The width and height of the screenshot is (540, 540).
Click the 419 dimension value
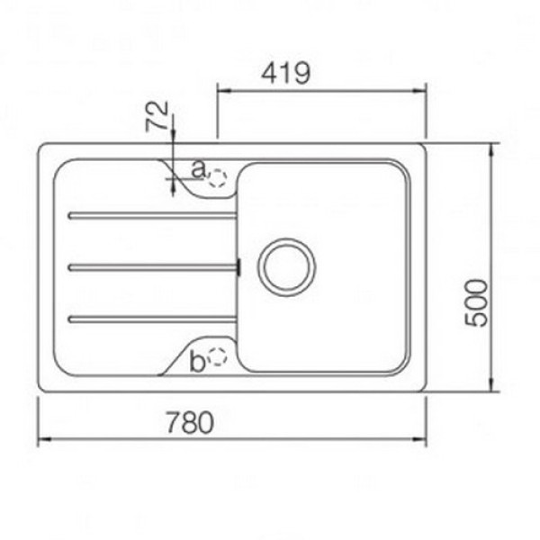(x=285, y=73)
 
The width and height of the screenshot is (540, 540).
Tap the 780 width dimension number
(x=190, y=422)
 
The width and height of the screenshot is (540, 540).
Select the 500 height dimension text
(x=476, y=302)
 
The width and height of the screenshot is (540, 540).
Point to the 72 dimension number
(x=157, y=116)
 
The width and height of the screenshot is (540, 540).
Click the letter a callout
(x=198, y=169)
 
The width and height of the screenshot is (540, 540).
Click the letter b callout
(x=197, y=361)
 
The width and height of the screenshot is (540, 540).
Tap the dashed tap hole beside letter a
(x=217, y=178)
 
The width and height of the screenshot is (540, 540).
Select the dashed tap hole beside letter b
(x=217, y=356)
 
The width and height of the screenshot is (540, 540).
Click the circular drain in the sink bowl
(x=287, y=267)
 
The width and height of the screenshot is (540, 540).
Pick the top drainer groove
(x=152, y=216)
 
